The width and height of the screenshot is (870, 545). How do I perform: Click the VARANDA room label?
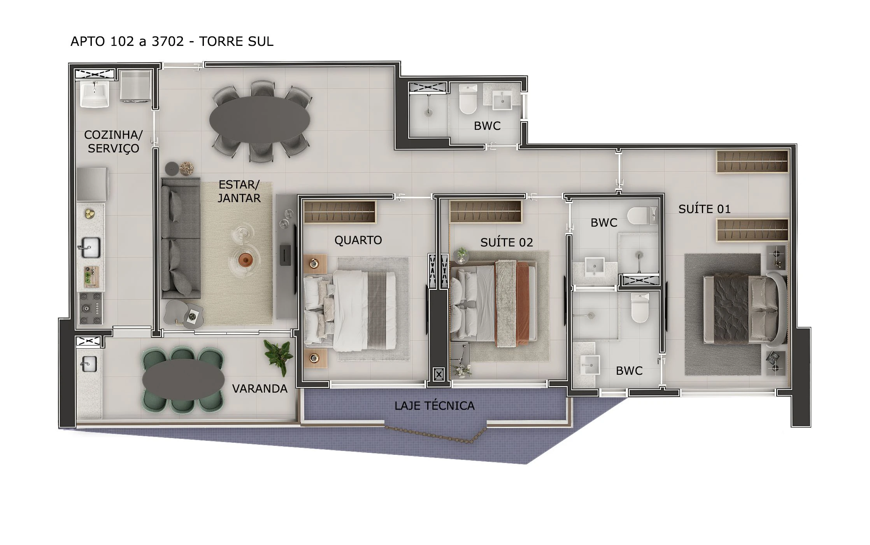(x=260, y=388)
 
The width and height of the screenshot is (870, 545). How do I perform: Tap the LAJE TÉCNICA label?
(x=434, y=405)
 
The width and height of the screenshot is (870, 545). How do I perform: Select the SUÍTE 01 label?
(x=704, y=209)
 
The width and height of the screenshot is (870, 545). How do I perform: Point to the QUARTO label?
(x=358, y=240)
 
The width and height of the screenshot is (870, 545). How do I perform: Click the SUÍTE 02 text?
(x=506, y=242)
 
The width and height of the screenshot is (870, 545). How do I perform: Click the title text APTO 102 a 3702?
(x=127, y=41)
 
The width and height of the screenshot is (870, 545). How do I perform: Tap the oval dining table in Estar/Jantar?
(x=260, y=120)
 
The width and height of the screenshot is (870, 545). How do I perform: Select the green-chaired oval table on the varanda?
(x=183, y=379)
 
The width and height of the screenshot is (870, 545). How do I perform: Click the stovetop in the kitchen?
(x=91, y=308)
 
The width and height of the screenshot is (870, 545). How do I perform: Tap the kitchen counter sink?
(x=91, y=247)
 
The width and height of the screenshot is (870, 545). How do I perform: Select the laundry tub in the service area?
(x=95, y=94)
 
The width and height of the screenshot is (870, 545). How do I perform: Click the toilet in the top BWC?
(x=468, y=99)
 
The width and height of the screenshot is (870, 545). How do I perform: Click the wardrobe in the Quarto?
(x=340, y=212)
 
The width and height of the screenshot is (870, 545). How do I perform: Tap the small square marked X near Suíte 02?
(x=439, y=375)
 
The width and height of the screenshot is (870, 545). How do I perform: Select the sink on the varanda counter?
(x=88, y=364)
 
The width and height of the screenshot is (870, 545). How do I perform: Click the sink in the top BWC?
(x=502, y=101)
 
